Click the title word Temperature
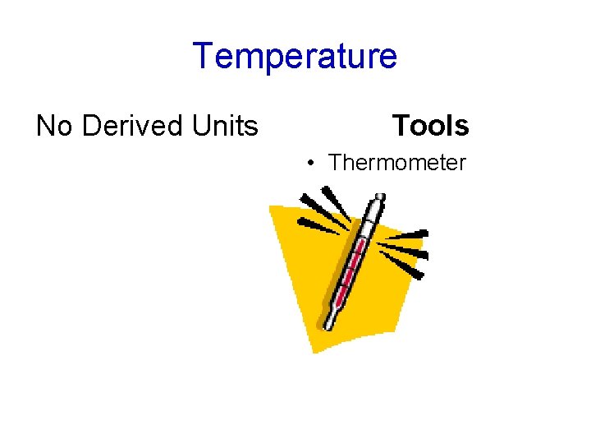[295, 56]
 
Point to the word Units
[224, 126]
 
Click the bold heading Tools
[430, 126]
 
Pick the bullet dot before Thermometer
[311, 164]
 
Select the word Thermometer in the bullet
[397, 163]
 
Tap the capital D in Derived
[90, 126]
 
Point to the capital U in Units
[199, 126]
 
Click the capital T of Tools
[401, 126]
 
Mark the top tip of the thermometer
[378, 197]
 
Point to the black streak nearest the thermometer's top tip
[335, 202]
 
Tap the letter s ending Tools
[462, 126]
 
